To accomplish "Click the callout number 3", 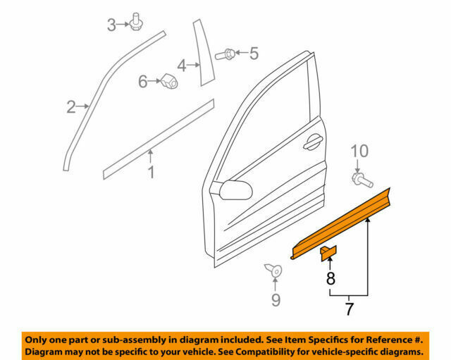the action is (111, 25).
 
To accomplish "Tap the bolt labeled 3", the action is (136, 22).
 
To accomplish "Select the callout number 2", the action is (71, 106).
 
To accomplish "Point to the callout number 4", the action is (182, 66).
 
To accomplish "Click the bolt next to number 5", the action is (225, 54).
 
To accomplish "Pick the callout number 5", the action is (254, 54).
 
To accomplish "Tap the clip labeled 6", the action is (169, 81).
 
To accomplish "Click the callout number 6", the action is (143, 82).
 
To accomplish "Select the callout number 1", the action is (151, 172).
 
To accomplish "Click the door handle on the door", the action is (313, 142).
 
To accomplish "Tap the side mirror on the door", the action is (235, 190).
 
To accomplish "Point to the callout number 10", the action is (359, 151).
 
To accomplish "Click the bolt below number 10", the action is (362, 180).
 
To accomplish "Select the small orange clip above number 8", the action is (329, 253).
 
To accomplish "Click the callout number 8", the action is (330, 278).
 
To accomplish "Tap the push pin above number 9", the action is (273, 271).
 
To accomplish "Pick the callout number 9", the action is (276, 300).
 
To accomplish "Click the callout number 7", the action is (349, 309).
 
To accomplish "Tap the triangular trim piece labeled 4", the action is (204, 53).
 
